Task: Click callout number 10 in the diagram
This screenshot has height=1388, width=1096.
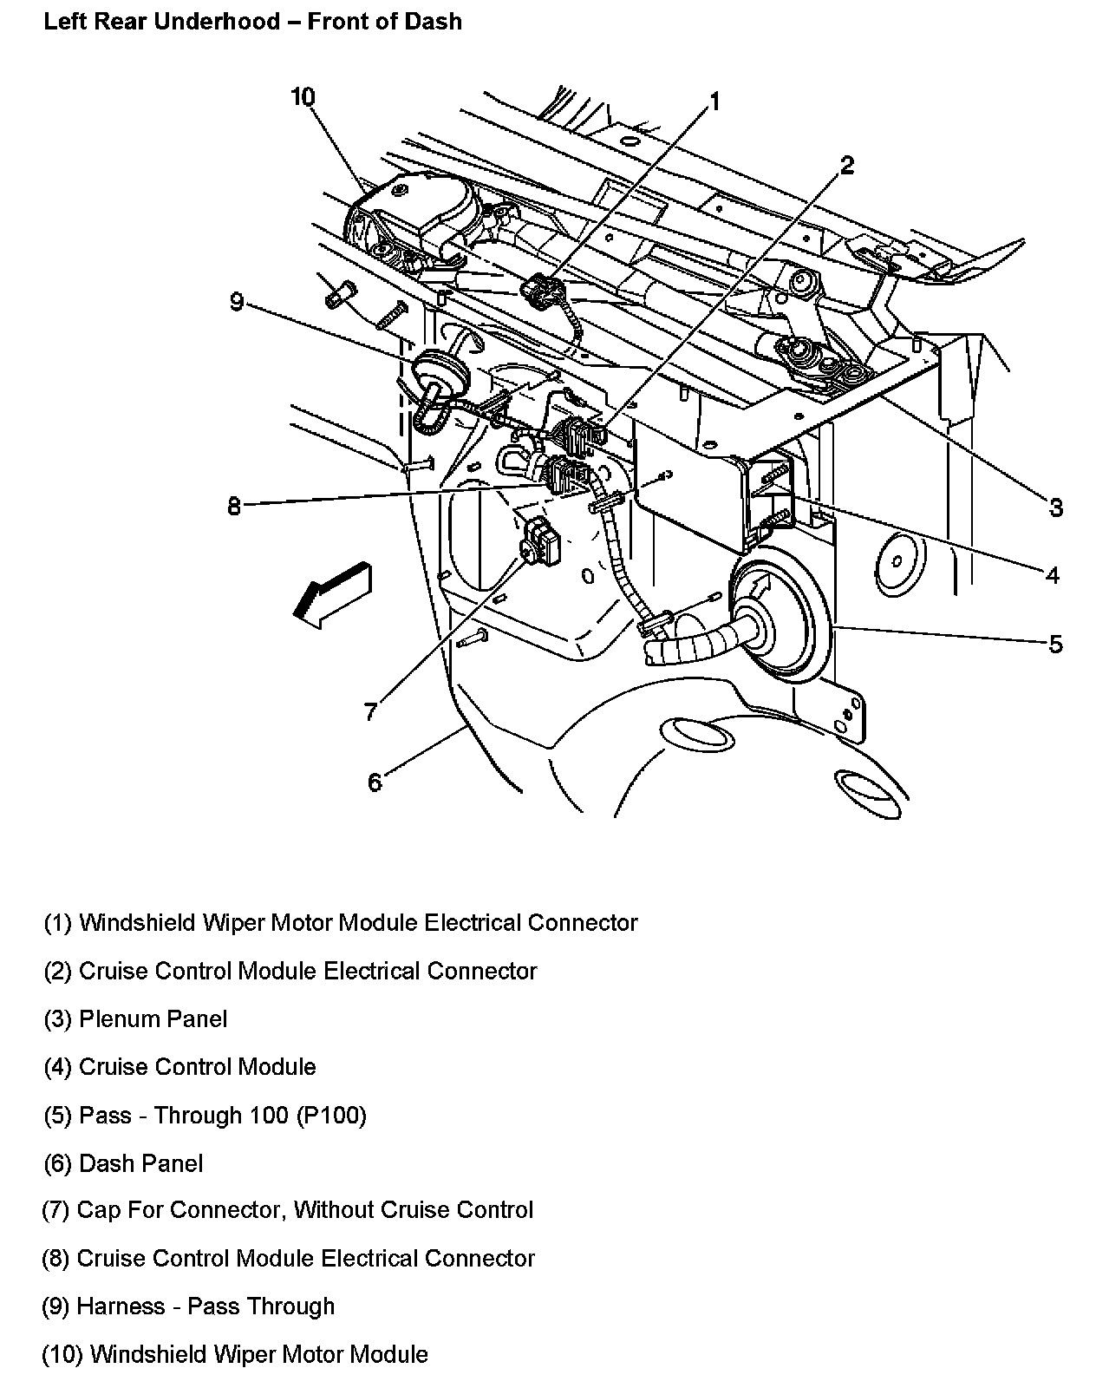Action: pyautogui.click(x=302, y=98)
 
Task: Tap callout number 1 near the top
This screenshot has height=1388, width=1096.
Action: pyautogui.click(x=715, y=102)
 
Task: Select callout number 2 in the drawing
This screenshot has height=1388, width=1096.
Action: pyautogui.click(x=846, y=165)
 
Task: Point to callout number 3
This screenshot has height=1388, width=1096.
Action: pyautogui.click(x=1055, y=507)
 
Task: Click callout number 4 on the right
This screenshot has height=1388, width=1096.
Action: pyautogui.click(x=1052, y=575)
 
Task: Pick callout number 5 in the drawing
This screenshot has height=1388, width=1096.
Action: pyautogui.click(x=1055, y=644)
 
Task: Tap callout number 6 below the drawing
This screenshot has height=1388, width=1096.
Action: pyautogui.click(x=375, y=782)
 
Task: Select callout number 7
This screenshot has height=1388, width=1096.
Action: pyautogui.click(x=370, y=711)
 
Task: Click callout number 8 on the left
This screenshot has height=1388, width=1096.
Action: pyautogui.click(x=234, y=506)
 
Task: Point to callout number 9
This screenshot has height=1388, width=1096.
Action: pyautogui.click(x=237, y=302)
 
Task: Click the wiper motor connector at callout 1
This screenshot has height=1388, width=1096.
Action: pyautogui.click(x=542, y=291)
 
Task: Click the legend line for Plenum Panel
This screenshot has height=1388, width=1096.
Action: pyautogui.click(x=136, y=1018)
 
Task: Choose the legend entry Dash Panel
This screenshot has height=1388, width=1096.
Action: pyautogui.click(x=124, y=1163)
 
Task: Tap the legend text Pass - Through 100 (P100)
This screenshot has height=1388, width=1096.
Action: pyautogui.click(x=205, y=1115)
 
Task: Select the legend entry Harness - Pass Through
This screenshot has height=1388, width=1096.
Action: pyautogui.click(x=188, y=1306)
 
